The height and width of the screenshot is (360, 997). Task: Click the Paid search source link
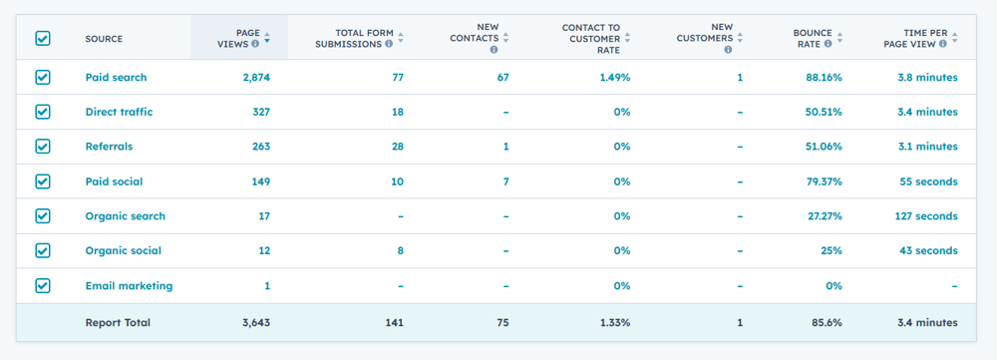pyautogui.click(x=116, y=78)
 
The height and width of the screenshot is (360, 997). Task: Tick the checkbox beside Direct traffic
pyautogui.click(x=43, y=112)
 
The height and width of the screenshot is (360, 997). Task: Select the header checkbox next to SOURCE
pyautogui.click(x=43, y=38)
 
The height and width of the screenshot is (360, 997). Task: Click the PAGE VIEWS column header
pyautogui.click(x=239, y=38)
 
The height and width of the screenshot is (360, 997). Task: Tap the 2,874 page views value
pyautogui.click(x=255, y=78)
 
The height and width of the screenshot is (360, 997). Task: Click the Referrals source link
pyautogui.click(x=109, y=147)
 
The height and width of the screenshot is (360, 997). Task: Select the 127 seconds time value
pyautogui.click(x=922, y=216)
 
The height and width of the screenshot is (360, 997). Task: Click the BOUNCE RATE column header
pyautogui.click(x=813, y=38)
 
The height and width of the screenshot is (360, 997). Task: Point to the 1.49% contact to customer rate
pyautogui.click(x=614, y=78)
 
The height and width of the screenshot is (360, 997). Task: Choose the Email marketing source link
pyautogui.click(x=129, y=286)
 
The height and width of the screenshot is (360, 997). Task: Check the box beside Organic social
pyautogui.click(x=43, y=251)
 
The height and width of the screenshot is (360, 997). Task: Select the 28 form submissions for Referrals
pyautogui.click(x=397, y=147)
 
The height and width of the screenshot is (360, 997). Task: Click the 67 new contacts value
pyautogui.click(x=502, y=78)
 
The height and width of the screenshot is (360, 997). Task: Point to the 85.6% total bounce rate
pyautogui.click(x=826, y=323)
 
